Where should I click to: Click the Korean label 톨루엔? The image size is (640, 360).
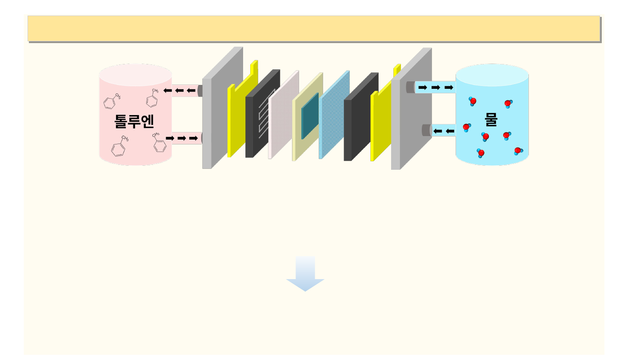coord(134,121)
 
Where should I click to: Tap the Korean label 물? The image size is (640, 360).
coord(491,119)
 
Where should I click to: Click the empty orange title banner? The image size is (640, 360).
coord(314,28)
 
